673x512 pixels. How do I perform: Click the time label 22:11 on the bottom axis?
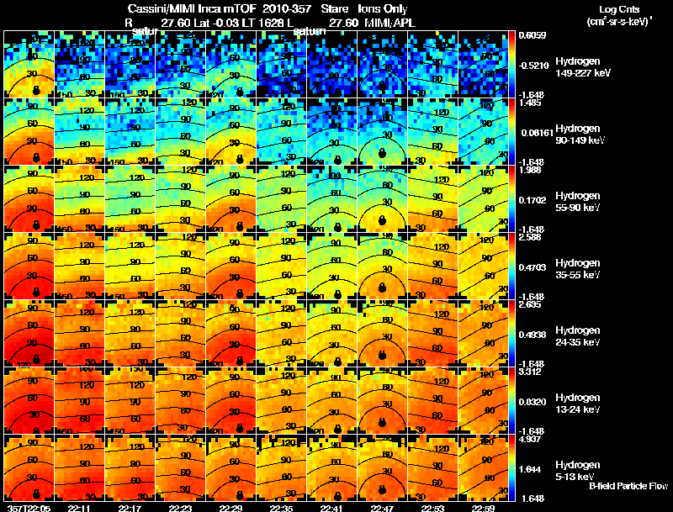click(x=79, y=508)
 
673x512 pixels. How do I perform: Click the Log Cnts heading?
click(x=617, y=9)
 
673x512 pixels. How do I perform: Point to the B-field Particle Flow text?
click(x=628, y=486)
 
